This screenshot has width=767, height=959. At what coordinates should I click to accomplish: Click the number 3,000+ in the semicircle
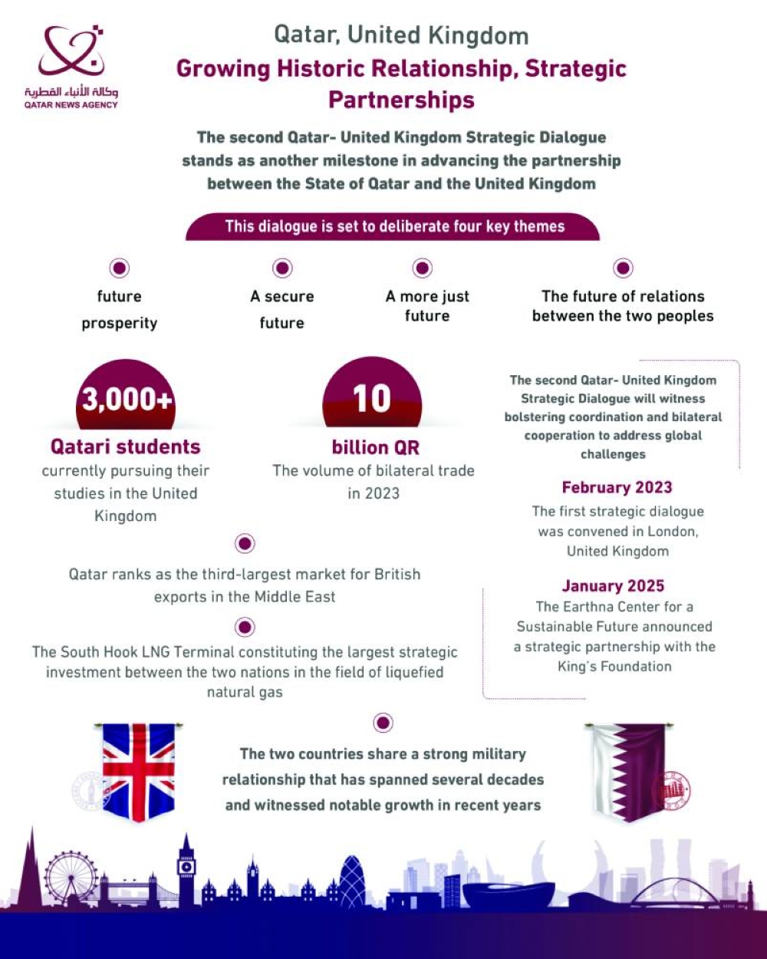point(126,400)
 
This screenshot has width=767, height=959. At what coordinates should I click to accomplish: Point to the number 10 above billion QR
point(372,399)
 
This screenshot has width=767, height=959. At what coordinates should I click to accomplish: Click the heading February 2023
point(617,487)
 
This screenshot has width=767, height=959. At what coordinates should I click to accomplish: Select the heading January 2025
point(613,586)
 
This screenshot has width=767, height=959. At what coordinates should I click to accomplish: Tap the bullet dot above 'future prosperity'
point(119,268)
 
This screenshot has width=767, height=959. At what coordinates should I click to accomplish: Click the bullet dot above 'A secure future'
point(282,268)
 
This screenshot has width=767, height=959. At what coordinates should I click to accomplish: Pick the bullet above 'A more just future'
point(423,268)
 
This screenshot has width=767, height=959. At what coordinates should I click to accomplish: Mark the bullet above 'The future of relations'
point(623,268)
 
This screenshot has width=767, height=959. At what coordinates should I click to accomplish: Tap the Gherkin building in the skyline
point(353,882)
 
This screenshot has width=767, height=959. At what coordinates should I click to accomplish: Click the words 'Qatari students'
point(126,447)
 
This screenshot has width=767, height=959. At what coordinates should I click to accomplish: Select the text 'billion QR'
point(376,447)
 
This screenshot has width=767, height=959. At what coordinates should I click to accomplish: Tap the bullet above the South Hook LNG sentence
point(245,628)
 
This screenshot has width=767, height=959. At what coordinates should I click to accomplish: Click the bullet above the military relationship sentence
point(383,722)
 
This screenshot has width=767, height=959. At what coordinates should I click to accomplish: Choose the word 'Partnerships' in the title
point(401,100)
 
